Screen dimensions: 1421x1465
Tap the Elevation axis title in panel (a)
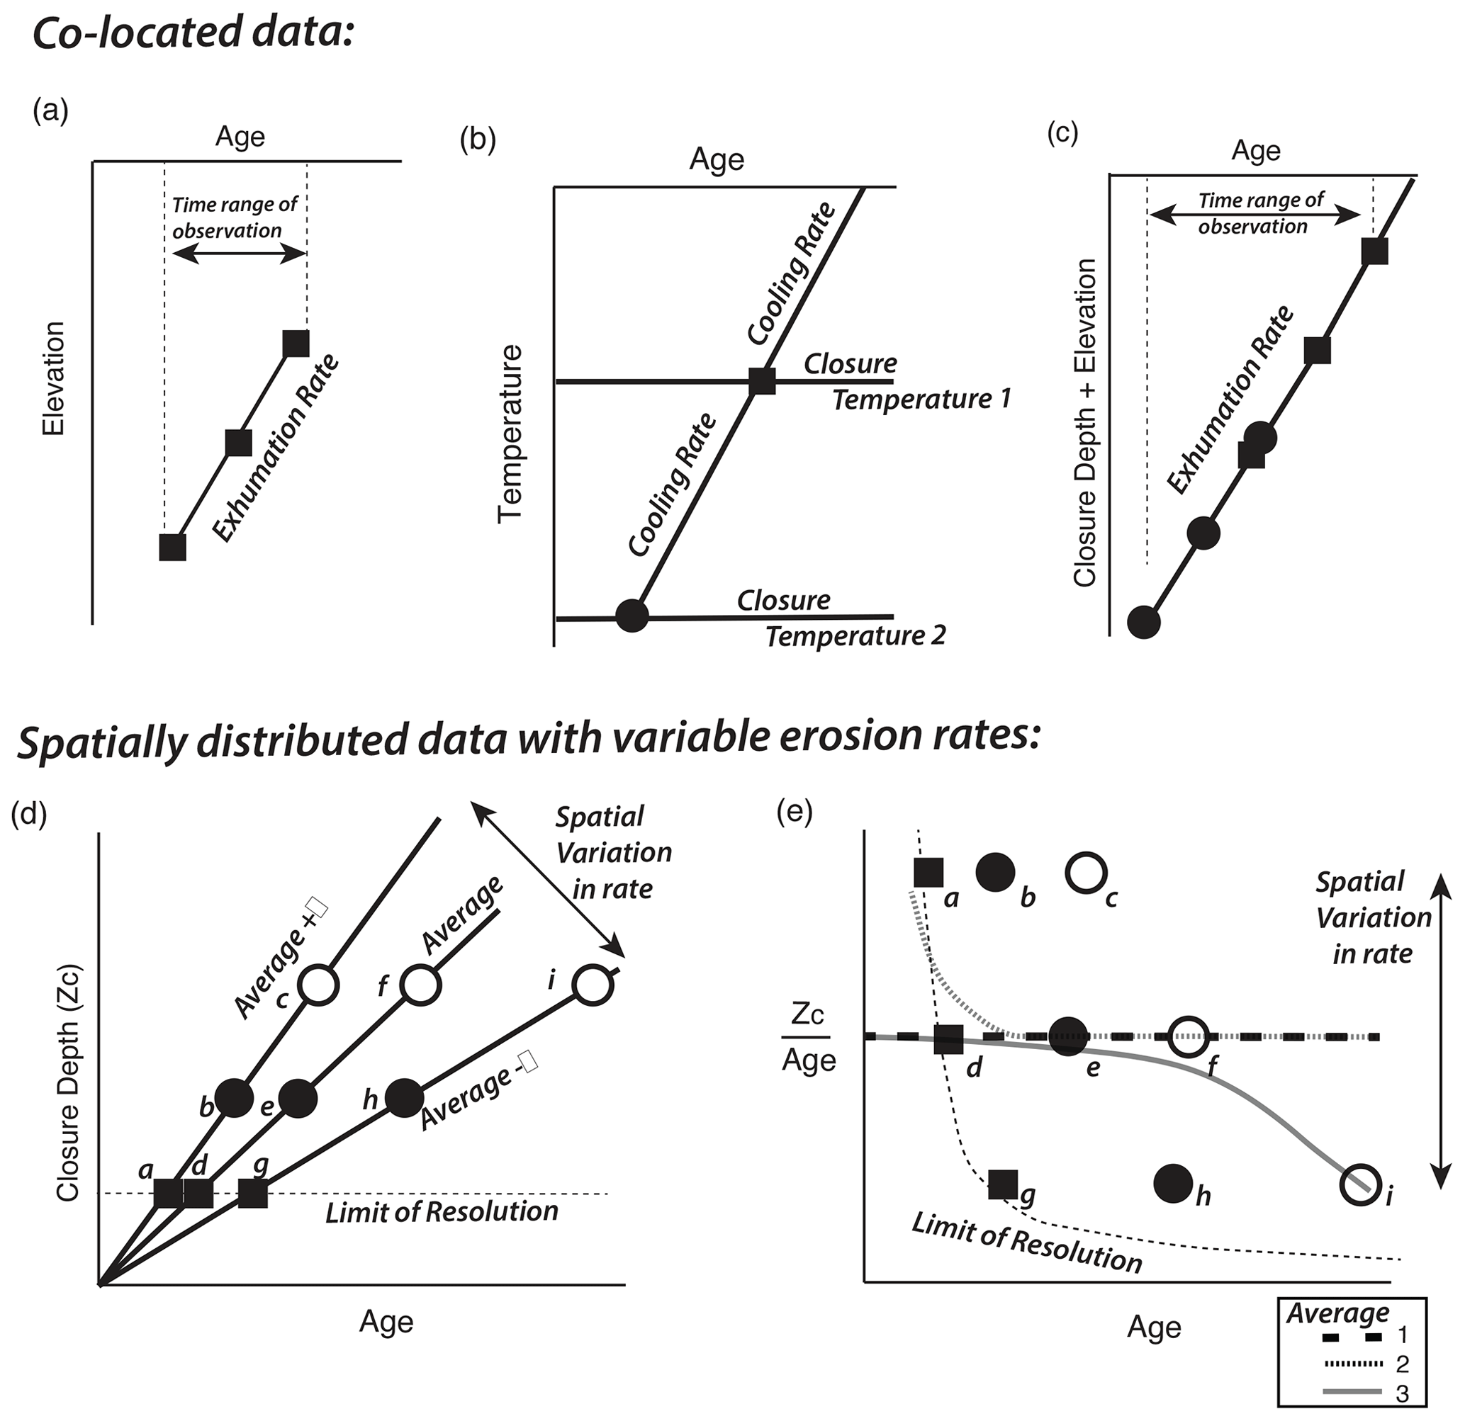[x=54, y=379]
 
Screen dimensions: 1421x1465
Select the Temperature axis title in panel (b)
[x=510, y=433]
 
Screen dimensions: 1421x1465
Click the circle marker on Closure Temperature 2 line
[x=632, y=616]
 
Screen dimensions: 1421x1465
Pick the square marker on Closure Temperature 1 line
[x=762, y=381]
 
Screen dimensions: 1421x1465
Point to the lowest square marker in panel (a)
[x=173, y=547]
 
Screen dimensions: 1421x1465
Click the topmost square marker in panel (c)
[x=1374, y=251]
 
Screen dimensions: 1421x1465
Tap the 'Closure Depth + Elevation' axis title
[x=1084, y=422]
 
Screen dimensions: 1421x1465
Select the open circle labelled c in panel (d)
[x=318, y=985]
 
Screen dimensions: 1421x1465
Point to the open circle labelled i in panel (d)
[x=593, y=986]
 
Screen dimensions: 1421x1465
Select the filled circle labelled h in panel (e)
[x=1173, y=1184]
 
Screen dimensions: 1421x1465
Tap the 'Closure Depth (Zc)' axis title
[x=68, y=1084]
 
